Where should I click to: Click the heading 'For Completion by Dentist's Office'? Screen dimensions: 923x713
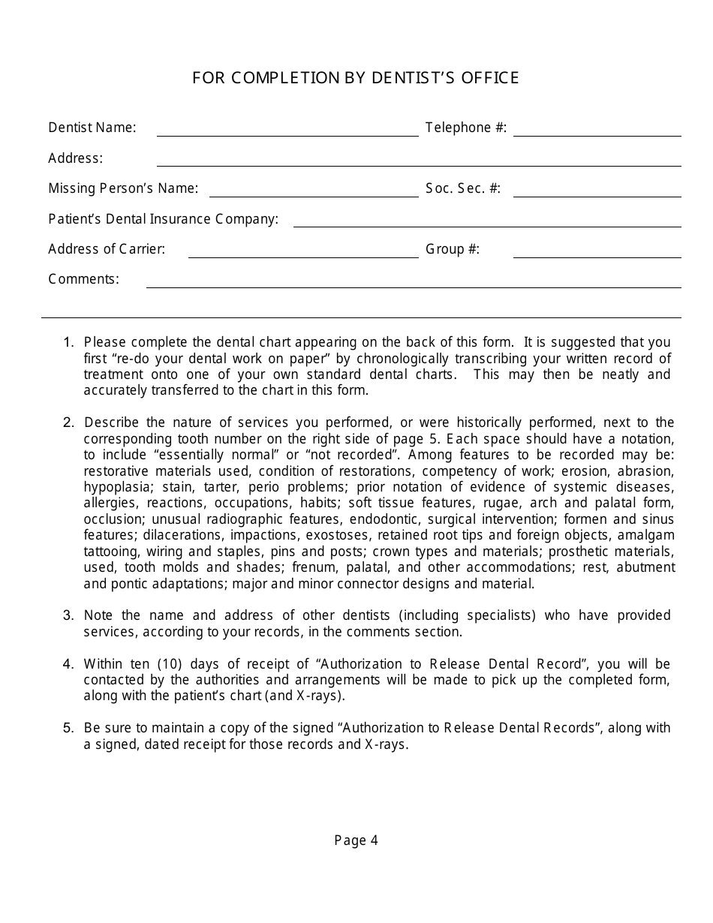point(356,78)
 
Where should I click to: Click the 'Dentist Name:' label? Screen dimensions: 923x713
point(92,128)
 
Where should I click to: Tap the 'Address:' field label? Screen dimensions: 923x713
point(76,158)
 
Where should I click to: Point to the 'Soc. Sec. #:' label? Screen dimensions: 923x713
point(463,188)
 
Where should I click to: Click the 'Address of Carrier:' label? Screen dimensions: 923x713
point(107,249)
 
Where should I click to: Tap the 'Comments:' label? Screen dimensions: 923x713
point(84,279)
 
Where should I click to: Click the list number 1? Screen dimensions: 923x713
point(68,342)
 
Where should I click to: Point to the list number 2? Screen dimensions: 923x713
point(68,422)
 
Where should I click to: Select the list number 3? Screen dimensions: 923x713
point(68,615)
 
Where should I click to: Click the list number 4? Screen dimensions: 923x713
point(68,664)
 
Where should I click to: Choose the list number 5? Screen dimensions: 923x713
point(68,728)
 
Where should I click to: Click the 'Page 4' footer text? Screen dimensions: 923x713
point(356,840)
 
